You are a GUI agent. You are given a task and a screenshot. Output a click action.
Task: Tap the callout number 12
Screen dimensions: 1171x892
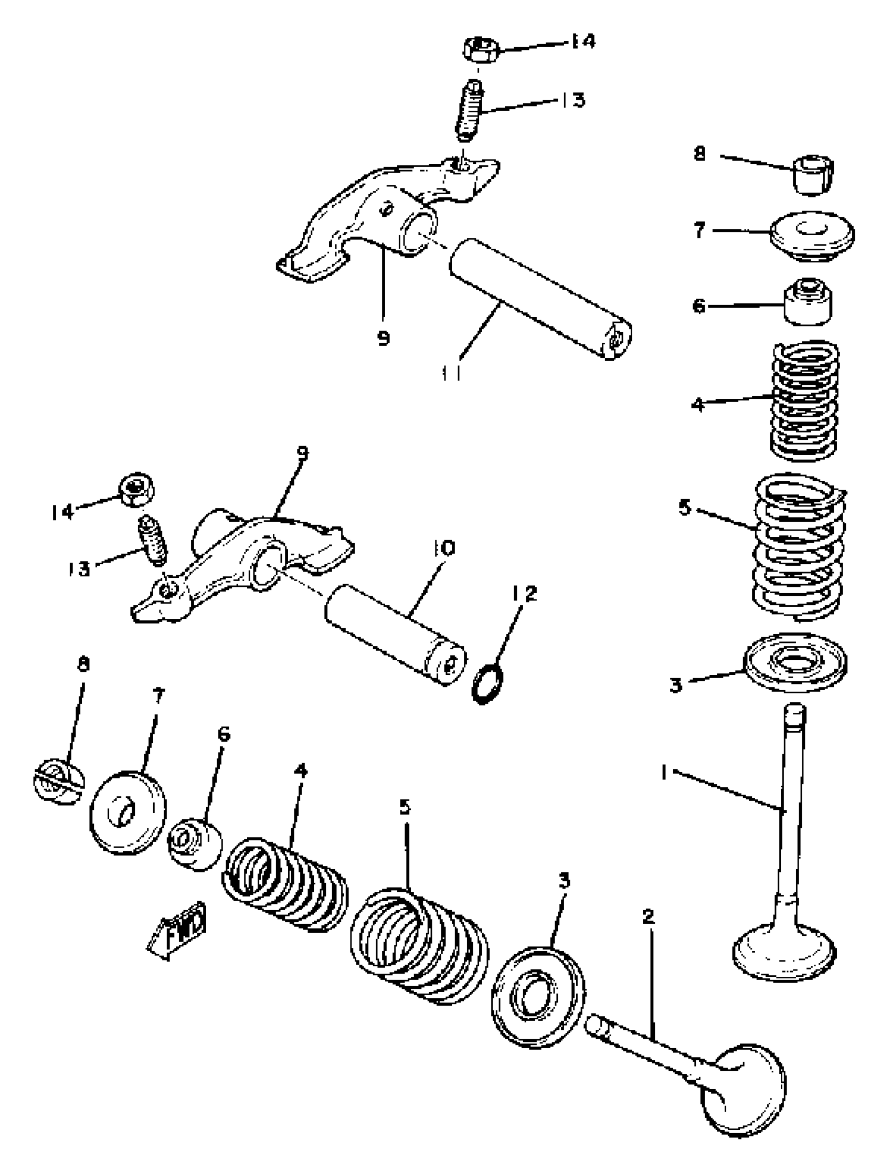pyautogui.click(x=524, y=593)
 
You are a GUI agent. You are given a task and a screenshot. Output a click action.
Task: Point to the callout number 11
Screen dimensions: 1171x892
pyautogui.click(x=450, y=373)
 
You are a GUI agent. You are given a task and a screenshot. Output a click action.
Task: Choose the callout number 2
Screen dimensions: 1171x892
pyautogui.click(x=648, y=916)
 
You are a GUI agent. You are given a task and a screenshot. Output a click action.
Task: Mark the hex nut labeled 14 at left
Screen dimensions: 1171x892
pyautogui.click(x=135, y=489)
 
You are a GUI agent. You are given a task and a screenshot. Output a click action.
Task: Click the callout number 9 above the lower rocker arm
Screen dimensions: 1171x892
pyautogui.click(x=303, y=453)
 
